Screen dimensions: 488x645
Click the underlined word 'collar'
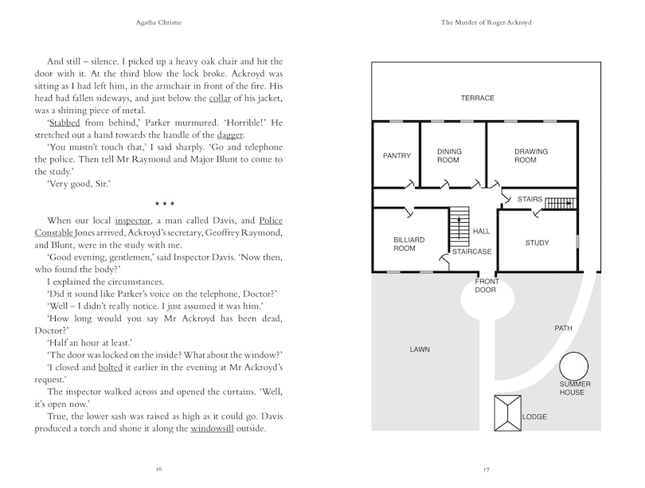tap(220, 98)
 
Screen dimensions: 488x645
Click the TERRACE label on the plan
tap(478, 98)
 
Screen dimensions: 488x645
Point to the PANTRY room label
tap(397, 155)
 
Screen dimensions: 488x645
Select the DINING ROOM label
tap(449, 155)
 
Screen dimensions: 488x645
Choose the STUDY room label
tap(537, 243)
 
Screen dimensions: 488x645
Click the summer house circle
tap(574, 367)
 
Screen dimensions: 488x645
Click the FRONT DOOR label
tap(487, 285)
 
